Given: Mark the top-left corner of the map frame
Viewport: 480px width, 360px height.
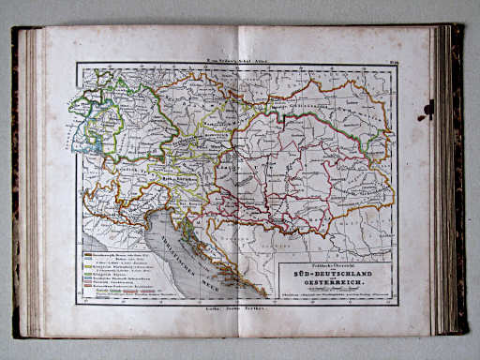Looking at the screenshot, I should [x=78, y=64].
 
